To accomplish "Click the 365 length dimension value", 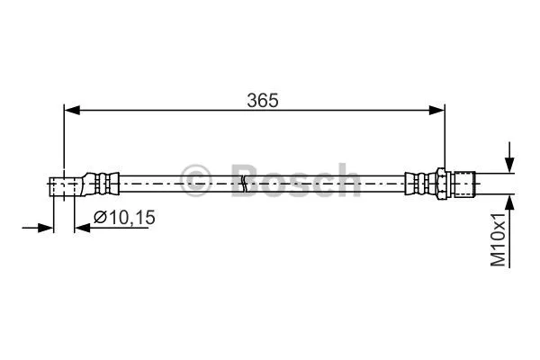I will click(262, 101).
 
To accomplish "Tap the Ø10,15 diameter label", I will click(121, 217).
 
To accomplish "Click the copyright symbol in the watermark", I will click(195, 178).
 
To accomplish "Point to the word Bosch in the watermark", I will click(294, 179).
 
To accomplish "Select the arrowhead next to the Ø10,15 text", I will click(83, 228).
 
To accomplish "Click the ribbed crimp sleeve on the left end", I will click(101, 184).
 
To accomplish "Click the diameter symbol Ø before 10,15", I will click(100, 217).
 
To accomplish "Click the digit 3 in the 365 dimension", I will click(251, 101).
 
